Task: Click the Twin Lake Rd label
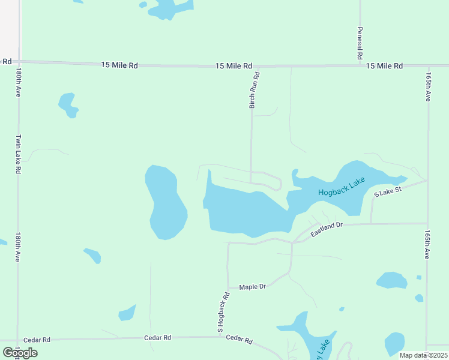point(19,154)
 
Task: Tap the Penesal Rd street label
point(360,43)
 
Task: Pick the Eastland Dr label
point(326,229)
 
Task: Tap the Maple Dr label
point(252,287)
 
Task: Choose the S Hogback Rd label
point(223,312)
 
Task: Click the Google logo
point(20,352)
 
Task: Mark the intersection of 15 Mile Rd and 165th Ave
point(429,65)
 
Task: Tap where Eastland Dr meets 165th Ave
point(427,224)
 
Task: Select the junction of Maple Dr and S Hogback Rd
point(228,287)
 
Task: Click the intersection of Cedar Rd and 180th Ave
point(18,340)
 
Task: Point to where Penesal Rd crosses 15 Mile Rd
point(360,64)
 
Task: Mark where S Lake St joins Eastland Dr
point(372,224)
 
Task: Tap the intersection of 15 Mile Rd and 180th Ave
point(18,61)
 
